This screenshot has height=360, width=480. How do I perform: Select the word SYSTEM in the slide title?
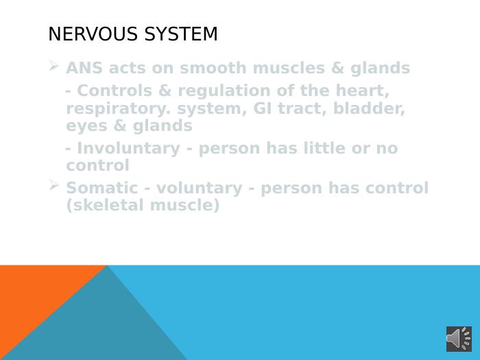(x=181, y=34)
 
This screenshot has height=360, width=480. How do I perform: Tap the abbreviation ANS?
(x=84, y=68)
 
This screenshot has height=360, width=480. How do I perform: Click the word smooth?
(x=213, y=68)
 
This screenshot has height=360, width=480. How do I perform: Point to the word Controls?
(x=115, y=91)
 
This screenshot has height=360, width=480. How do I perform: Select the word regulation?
(x=224, y=92)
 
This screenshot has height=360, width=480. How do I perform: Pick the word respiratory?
(x=119, y=110)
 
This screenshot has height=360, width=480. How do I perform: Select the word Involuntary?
(x=129, y=149)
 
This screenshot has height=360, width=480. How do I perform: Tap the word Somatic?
(x=102, y=188)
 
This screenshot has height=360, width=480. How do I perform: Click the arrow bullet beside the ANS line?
(x=54, y=66)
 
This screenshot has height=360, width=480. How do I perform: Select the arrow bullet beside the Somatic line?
(x=54, y=185)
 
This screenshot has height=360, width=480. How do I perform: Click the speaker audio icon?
(x=459, y=339)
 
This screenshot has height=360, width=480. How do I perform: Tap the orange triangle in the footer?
(x=34, y=294)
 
